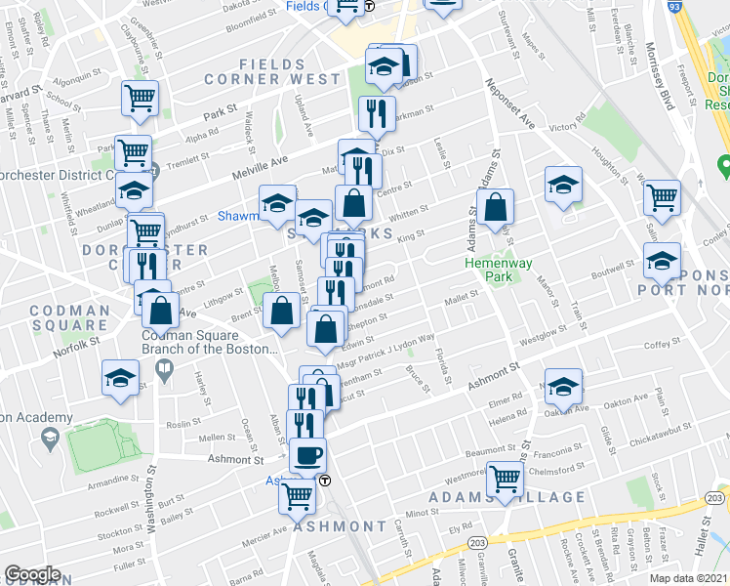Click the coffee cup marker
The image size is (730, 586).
(309, 455)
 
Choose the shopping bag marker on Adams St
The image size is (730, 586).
(496, 208)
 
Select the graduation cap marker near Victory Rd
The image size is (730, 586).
(563, 185)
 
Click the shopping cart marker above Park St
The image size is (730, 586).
(140, 99)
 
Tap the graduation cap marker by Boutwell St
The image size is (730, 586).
(663, 260)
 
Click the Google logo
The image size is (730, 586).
(32, 574)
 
